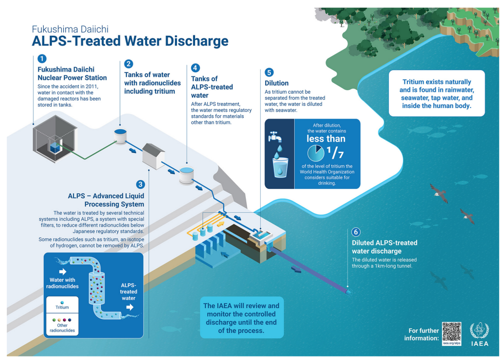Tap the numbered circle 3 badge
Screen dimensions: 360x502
click(141, 184)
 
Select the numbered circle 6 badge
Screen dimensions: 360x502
click(356, 232)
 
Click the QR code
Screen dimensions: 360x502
click(452, 331)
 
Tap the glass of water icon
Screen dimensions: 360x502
click(280, 166)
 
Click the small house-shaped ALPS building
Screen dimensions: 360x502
click(153, 156)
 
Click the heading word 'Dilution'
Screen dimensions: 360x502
click(276, 83)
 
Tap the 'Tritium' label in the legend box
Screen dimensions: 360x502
click(62, 308)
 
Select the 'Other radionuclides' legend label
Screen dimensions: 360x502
click(62, 328)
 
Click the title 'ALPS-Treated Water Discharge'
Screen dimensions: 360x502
click(130, 41)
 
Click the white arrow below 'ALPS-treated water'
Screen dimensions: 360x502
click(129, 307)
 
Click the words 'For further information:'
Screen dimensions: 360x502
click(421, 334)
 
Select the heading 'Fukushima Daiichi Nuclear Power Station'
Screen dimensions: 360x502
click(72, 74)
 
